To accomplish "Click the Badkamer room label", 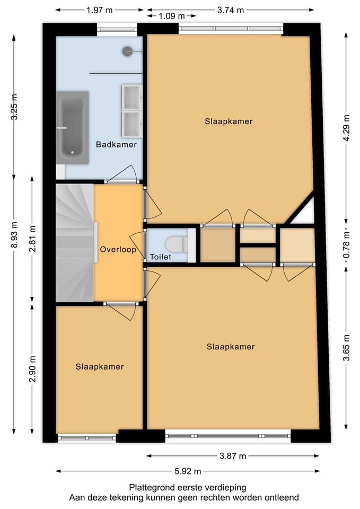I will pyautogui.click(x=116, y=144).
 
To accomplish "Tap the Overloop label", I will pyautogui.click(x=118, y=249).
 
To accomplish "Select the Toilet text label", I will pyautogui.click(x=160, y=257).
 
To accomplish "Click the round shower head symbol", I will pyautogui.click(x=127, y=51).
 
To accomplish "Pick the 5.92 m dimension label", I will pyautogui.click(x=189, y=471).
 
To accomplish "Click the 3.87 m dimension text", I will pyautogui.click(x=233, y=455).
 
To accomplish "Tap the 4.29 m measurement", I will pyautogui.click(x=347, y=128).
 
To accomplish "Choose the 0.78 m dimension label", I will pyautogui.click(x=347, y=247).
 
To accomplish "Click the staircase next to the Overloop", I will pyautogui.click(x=75, y=244).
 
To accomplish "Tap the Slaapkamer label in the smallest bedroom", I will pyautogui.click(x=100, y=366).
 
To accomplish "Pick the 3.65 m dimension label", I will pyautogui.click(x=347, y=347).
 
